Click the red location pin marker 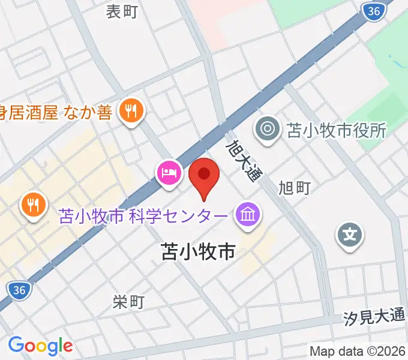(204, 175)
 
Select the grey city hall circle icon (267, 130)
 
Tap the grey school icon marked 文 (350, 233)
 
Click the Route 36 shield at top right (374, 11)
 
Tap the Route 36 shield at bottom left (20, 290)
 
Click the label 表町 (122, 11)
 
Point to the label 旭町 (295, 188)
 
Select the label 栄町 (128, 302)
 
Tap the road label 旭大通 (244, 160)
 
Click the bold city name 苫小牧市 (198, 252)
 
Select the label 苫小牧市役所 (337, 130)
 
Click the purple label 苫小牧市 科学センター (144, 215)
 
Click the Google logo (40, 345)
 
